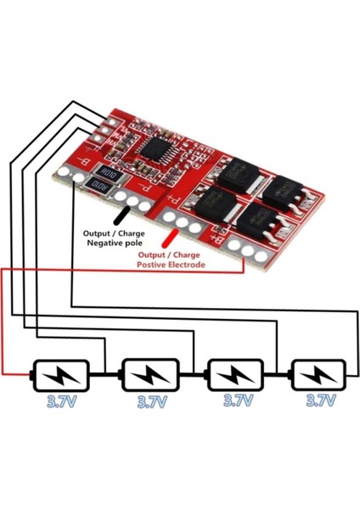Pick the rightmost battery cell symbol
point(318,374)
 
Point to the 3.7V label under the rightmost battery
point(321,400)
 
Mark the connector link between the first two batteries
point(106,374)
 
